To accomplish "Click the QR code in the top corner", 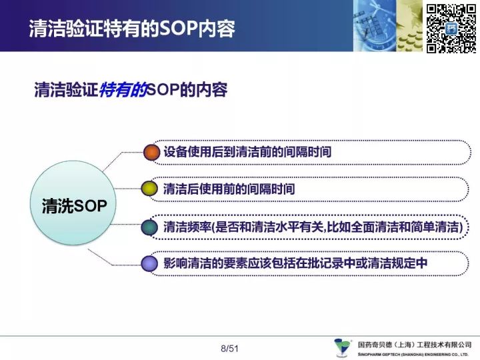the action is [451, 29].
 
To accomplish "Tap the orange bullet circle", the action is [151, 152].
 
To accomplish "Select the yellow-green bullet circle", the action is [149, 189].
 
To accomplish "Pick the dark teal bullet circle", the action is [149, 227].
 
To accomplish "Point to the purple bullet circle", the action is [149, 263].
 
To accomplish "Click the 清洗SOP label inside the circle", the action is [75, 205].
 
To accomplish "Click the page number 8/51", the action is [229, 349].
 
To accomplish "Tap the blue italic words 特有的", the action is [123, 90].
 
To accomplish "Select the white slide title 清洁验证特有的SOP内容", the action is [132, 29].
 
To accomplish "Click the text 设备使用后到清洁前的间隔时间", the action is [247, 152].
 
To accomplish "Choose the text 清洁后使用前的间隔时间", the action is [229, 189].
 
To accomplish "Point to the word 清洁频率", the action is [187, 227].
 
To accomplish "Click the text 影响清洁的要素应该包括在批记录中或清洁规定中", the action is [295, 263].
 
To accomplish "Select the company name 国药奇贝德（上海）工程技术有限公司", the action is [415, 345].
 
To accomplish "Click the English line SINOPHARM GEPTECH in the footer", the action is [413, 355].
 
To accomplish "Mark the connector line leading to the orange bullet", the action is [122, 157].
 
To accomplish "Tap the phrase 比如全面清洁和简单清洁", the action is [393, 227].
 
